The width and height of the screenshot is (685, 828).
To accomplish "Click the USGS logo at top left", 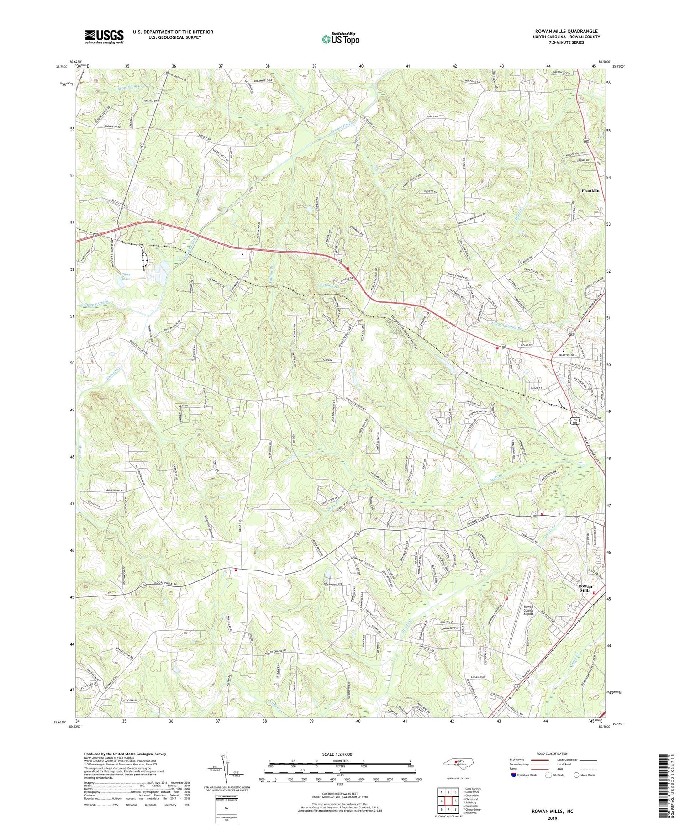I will tap(104, 37).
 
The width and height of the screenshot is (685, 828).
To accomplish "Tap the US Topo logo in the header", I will tap(340, 39).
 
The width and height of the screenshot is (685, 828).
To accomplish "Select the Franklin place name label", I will tap(590, 190).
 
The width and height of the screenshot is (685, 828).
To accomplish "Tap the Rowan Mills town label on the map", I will tap(585, 588).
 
